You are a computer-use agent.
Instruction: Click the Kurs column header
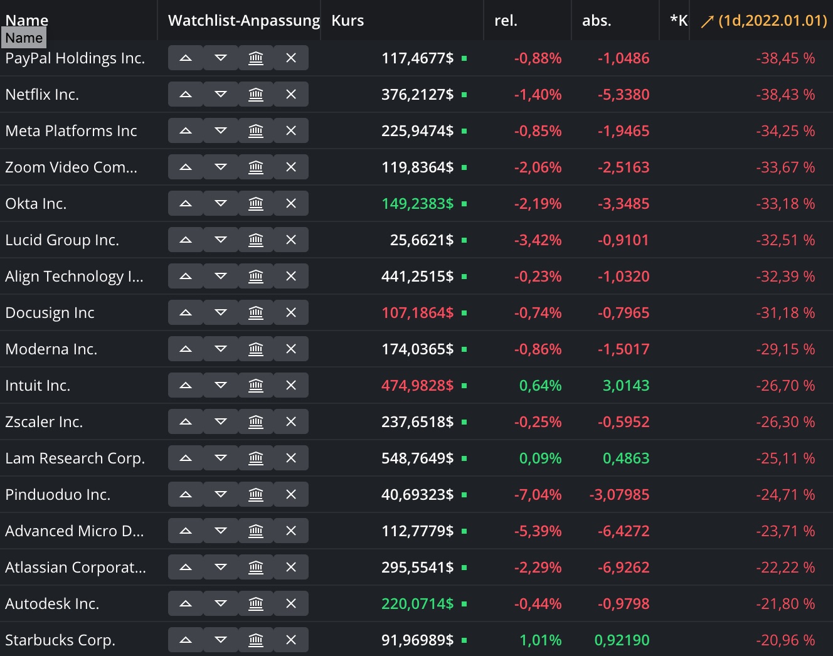click(348, 21)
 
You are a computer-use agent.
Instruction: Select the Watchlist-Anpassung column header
click(243, 21)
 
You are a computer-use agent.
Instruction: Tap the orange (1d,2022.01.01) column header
click(765, 21)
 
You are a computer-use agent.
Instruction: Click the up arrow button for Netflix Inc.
click(186, 95)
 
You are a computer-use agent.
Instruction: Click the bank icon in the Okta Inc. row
click(256, 204)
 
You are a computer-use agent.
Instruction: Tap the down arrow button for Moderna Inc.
click(221, 349)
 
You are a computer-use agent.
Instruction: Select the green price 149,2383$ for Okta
click(417, 204)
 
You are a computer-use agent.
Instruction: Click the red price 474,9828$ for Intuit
click(417, 386)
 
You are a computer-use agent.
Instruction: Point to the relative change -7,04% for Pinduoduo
click(538, 495)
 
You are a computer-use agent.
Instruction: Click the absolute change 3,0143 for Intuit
click(625, 386)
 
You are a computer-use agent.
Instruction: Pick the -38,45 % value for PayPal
click(785, 58)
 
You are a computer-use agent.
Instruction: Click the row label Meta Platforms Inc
click(71, 131)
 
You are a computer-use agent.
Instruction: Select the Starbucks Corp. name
click(60, 640)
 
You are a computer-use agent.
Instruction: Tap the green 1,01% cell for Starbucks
click(540, 640)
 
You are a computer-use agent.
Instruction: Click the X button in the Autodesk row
click(291, 604)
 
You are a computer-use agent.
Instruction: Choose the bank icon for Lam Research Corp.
click(256, 458)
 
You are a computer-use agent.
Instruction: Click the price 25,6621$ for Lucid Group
click(422, 240)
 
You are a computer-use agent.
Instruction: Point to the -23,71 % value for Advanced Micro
click(785, 531)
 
